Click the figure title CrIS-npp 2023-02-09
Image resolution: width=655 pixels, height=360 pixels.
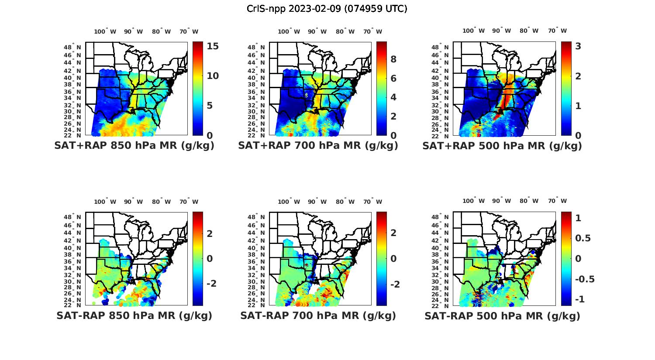coord(327,9)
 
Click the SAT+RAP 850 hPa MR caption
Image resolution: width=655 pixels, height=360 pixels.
coord(134,146)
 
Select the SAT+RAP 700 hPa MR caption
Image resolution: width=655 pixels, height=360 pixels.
coord(318,146)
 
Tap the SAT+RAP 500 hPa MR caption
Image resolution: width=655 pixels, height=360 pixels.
coord(502,146)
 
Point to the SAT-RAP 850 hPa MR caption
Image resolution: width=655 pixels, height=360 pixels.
coord(134,315)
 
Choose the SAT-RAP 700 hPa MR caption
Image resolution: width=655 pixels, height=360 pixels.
coord(318,315)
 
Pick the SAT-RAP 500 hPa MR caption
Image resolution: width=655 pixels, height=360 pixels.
coord(502,315)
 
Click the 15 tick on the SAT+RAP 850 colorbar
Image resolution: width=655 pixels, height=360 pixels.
coord(213,46)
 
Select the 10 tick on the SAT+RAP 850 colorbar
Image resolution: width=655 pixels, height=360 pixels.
coord(213,76)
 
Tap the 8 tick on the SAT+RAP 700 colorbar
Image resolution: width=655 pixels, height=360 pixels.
coord(393,59)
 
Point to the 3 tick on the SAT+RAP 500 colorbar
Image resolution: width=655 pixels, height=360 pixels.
coord(578,46)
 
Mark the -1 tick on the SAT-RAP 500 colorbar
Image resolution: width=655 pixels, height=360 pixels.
coord(580,299)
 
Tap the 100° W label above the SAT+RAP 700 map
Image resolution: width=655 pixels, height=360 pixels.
coord(289,31)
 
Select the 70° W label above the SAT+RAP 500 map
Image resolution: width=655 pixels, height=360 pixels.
coord(557,31)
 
